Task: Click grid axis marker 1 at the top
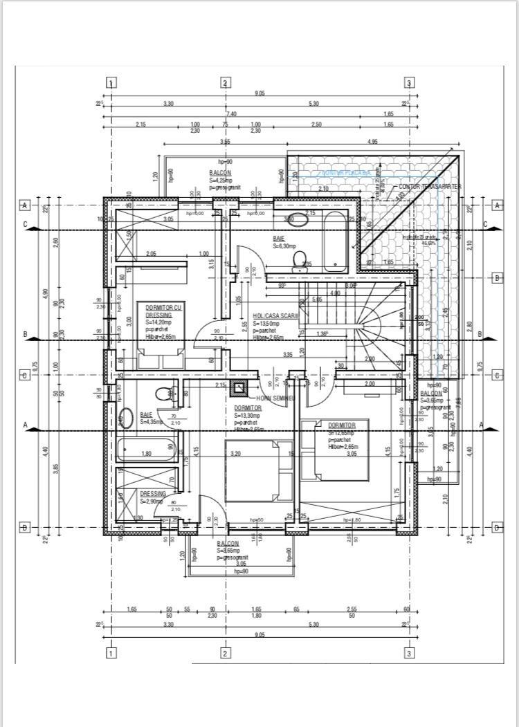pyautogui.click(x=111, y=83)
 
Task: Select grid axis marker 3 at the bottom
pyautogui.click(x=409, y=652)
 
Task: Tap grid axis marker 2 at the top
pyautogui.click(x=225, y=83)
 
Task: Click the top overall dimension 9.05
pyautogui.click(x=259, y=93)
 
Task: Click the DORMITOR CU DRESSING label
pyautogui.click(x=159, y=310)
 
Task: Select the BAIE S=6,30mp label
pyautogui.click(x=284, y=241)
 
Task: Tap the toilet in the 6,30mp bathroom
pyautogui.click(x=300, y=259)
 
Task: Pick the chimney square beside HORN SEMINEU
pyautogui.click(x=241, y=387)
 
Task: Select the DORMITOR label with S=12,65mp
pyautogui.click(x=343, y=425)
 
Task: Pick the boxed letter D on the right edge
pyautogui.click(x=496, y=528)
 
